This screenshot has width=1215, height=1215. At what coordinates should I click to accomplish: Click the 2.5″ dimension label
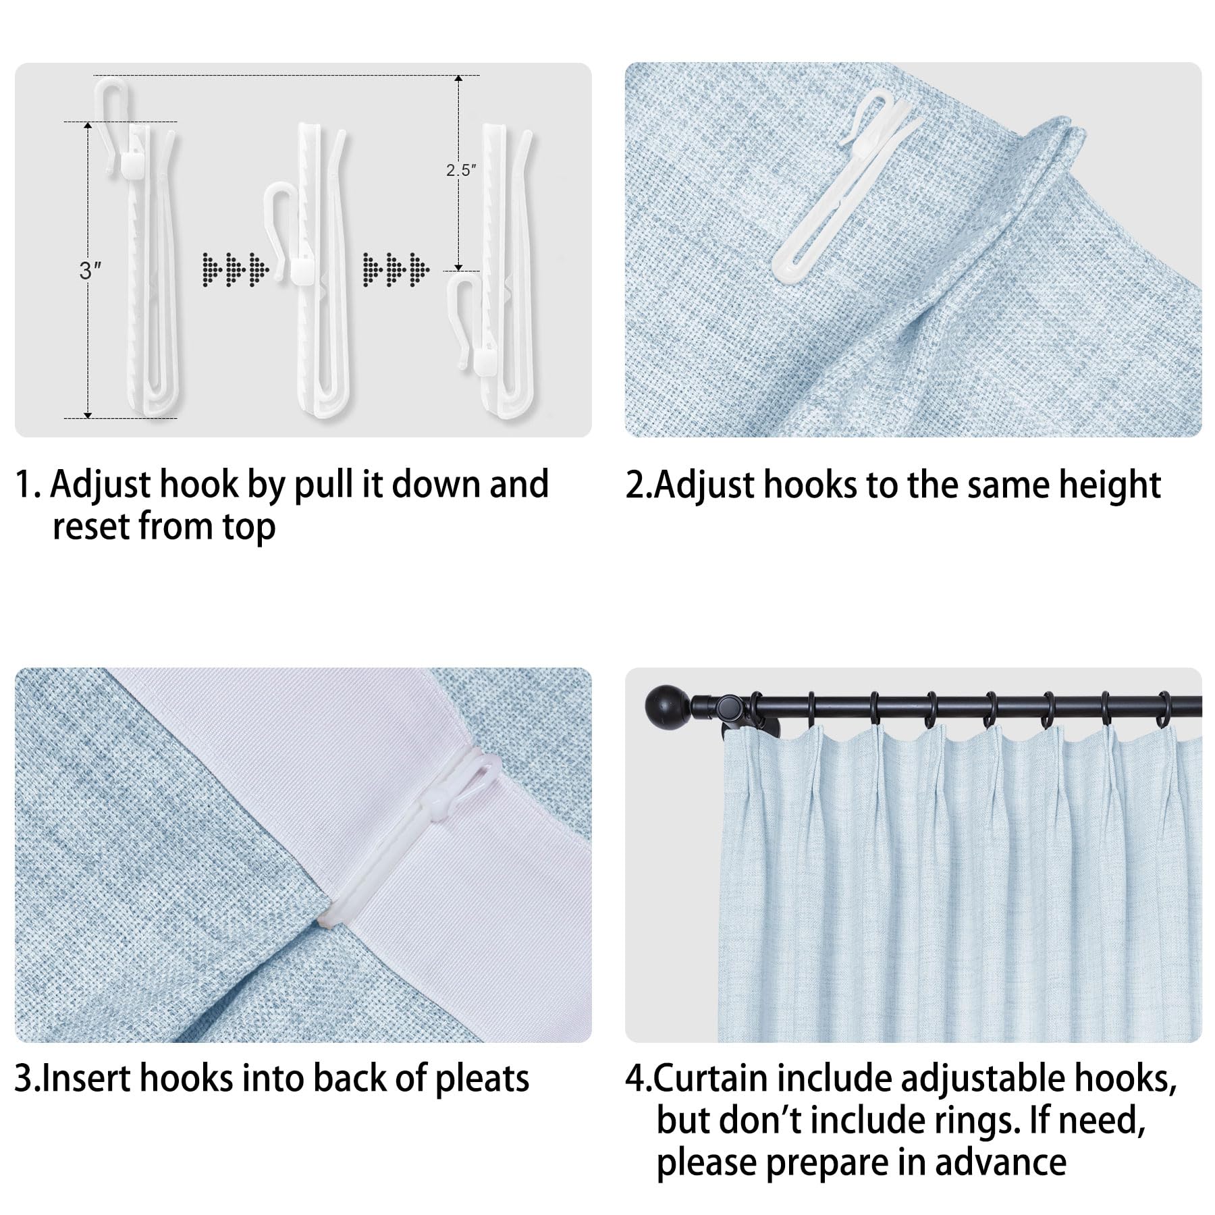461,170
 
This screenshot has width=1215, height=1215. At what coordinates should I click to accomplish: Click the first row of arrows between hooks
236,269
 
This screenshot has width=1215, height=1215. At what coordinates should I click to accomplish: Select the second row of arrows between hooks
396,269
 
